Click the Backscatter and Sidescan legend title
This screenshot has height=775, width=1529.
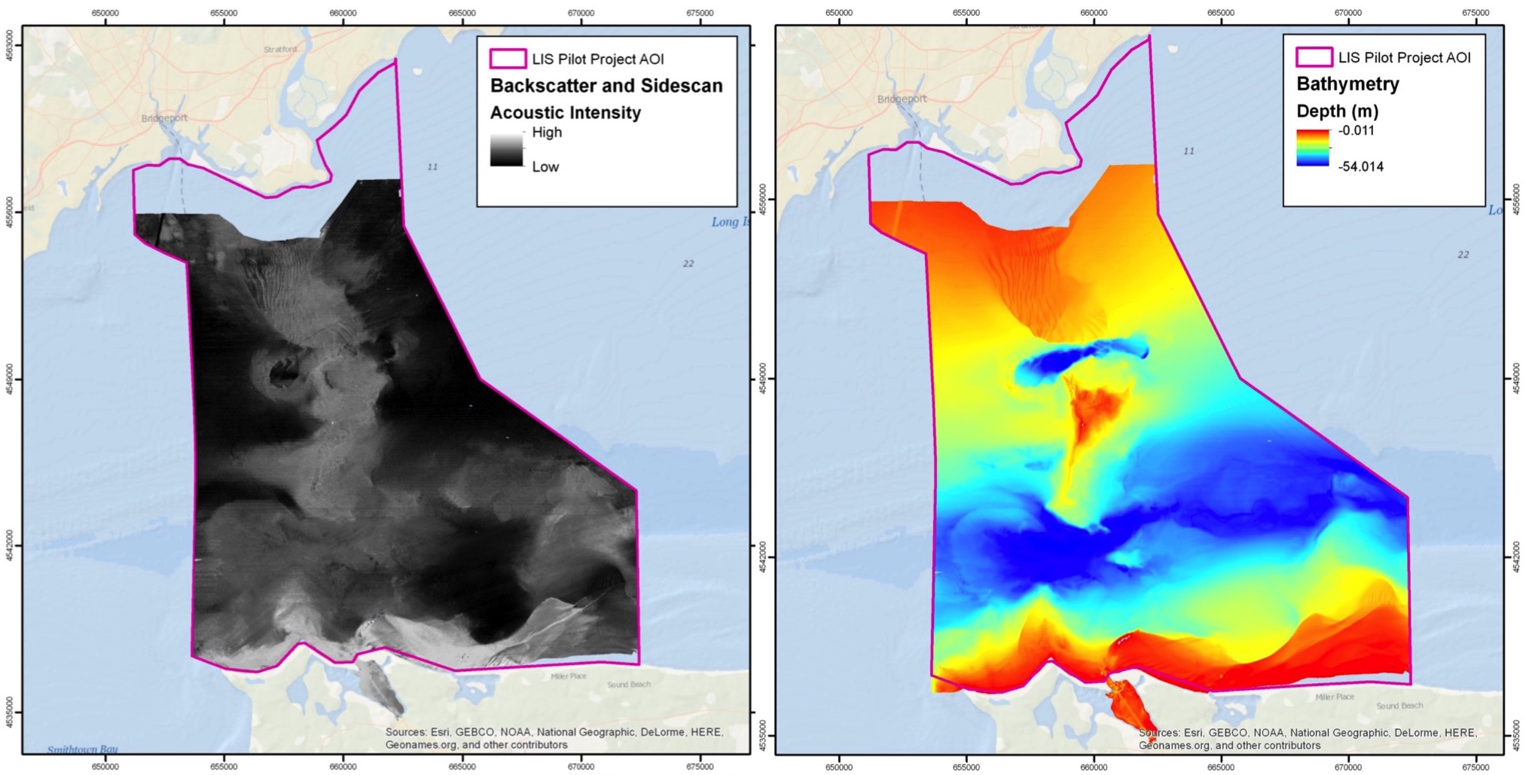tap(606, 86)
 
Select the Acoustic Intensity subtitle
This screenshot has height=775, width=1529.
tap(565, 113)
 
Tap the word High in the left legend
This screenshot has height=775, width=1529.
tap(547, 133)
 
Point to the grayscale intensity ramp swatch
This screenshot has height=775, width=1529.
tap(506, 151)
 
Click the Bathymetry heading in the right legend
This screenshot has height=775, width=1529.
tap(1347, 84)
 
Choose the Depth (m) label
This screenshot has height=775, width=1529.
tap(1337, 111)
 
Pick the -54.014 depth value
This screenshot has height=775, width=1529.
tap(1360, 166)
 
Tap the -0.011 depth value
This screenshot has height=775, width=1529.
tap(1357, 130)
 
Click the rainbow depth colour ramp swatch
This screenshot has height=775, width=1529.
tap(1312, 148)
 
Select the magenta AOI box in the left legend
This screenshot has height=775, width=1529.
tap(508, 59)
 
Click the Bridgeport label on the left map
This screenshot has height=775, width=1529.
tap(164, 118)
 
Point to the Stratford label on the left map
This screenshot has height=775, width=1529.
tap(280, 50)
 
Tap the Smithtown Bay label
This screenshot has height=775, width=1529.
tap(82, 749)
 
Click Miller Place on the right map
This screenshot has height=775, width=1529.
tap(1335, 697)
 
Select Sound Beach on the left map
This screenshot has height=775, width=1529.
tap(629, 685)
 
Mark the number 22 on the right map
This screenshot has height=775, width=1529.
tap(1463, 255)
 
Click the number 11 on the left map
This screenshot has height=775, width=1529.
tap(432, 166)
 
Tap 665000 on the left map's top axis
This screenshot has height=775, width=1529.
tap(462, 13)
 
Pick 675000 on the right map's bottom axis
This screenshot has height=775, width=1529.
tap(1475, 767)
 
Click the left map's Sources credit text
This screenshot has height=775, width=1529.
tap(554, 738)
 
